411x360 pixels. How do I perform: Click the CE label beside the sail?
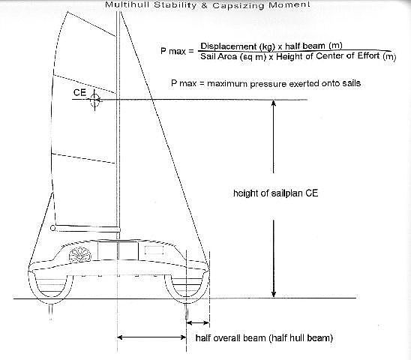79,92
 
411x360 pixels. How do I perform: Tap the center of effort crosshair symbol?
94,100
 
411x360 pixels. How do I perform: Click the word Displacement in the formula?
225,46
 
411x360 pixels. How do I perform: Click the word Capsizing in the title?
238,5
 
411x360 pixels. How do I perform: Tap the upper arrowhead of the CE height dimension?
274,103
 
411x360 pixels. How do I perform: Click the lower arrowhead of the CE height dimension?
274,293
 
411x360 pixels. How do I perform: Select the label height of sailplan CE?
275,193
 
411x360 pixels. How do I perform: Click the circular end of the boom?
52,228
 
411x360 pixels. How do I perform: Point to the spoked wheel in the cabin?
80,256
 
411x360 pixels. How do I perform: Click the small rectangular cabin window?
154,250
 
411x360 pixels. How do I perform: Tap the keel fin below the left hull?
51,311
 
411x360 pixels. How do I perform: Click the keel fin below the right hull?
187,311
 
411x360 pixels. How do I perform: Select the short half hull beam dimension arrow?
198,322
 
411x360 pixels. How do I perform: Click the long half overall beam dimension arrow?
151,337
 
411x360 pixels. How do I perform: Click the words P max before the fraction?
173,51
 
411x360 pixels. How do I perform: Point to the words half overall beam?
231,337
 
